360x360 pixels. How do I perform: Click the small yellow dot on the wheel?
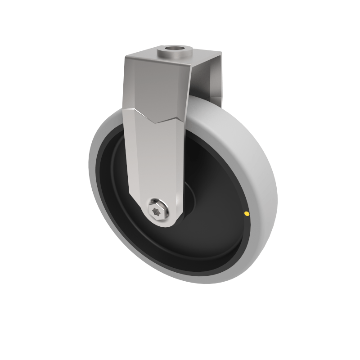[x=246, y=213]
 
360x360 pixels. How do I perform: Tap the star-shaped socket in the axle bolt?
[x=158, y=209]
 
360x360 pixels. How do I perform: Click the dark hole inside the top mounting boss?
[x=175, y=48]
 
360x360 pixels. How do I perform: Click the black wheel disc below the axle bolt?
[x=180, y=247]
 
